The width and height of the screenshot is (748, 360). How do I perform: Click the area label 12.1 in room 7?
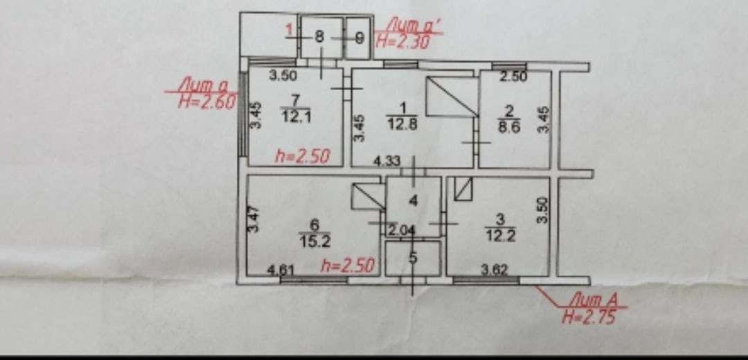pos(296,117)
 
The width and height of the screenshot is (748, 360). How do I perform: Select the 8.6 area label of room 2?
pos(508,125)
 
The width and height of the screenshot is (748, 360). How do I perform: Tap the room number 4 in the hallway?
pos(413,201)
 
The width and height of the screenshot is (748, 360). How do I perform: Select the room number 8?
pos(319,38)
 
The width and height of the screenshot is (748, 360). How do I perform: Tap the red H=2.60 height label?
pos(207,101)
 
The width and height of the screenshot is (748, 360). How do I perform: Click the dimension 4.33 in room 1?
pos(387,161)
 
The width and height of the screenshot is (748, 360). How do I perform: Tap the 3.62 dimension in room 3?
pos(495,270)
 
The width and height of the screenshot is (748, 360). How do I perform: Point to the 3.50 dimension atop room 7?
pos(283,76)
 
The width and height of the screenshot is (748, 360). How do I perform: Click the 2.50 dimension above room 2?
pos(513,77)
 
